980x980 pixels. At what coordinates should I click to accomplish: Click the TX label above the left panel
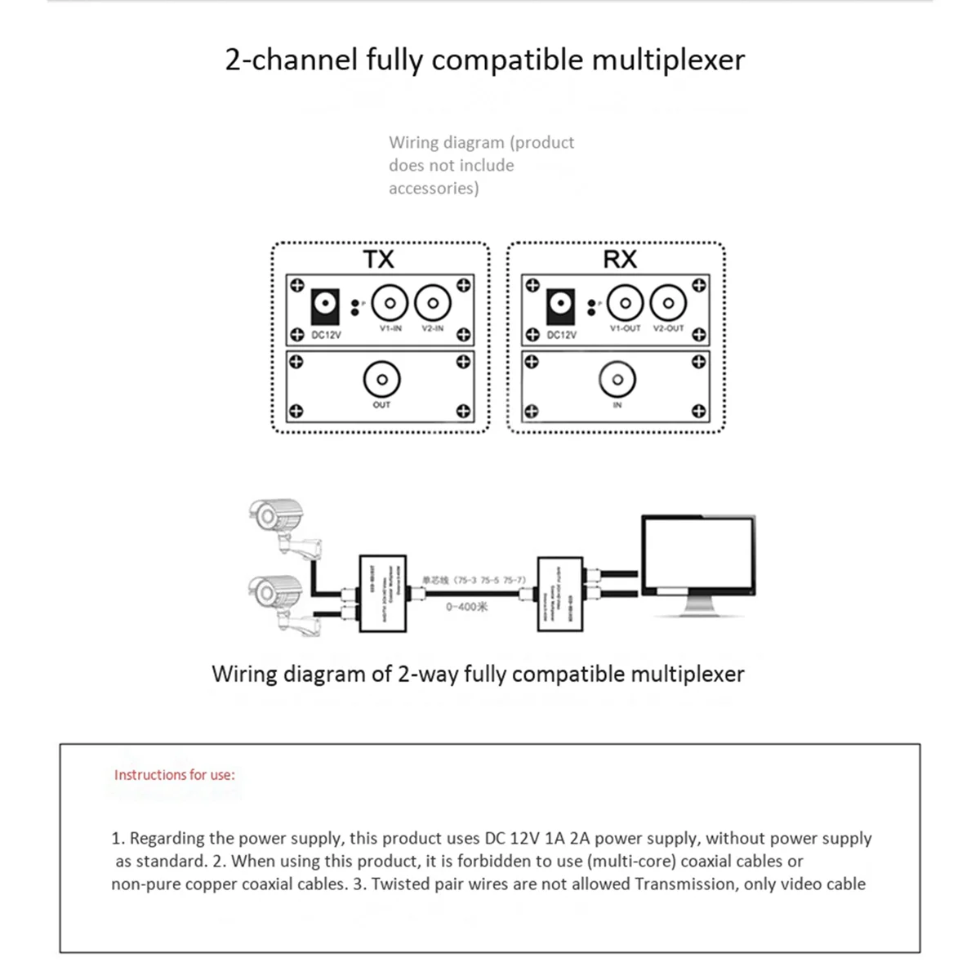378,260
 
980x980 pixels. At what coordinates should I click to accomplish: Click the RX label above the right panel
620,260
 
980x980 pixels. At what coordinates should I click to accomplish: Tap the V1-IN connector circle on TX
390,304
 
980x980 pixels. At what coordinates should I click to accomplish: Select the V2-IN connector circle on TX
433,304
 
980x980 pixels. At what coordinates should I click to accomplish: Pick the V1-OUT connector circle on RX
625,304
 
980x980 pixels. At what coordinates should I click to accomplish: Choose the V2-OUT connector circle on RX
668,304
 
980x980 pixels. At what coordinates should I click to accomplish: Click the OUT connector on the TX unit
381,380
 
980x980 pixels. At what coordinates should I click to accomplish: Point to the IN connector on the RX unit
617,380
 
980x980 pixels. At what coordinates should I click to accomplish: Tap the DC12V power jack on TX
326,306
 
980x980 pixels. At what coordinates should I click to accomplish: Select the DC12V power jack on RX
560,305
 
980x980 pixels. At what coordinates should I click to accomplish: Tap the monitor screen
697,555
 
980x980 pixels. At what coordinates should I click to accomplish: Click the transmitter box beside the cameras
382,594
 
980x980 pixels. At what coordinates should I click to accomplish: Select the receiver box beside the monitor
559,594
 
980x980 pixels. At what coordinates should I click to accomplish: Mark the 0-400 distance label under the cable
466,607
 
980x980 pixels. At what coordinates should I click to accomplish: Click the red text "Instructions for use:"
174,775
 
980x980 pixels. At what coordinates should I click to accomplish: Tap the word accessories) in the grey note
434,189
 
